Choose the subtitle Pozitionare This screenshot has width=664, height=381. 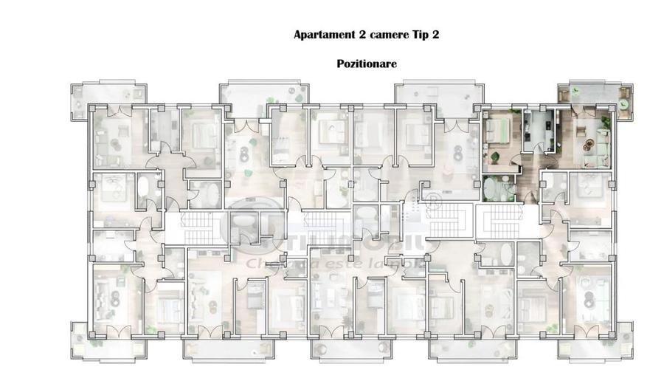pos(367,63)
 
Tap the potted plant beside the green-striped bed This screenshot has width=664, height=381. pos(497,155)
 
